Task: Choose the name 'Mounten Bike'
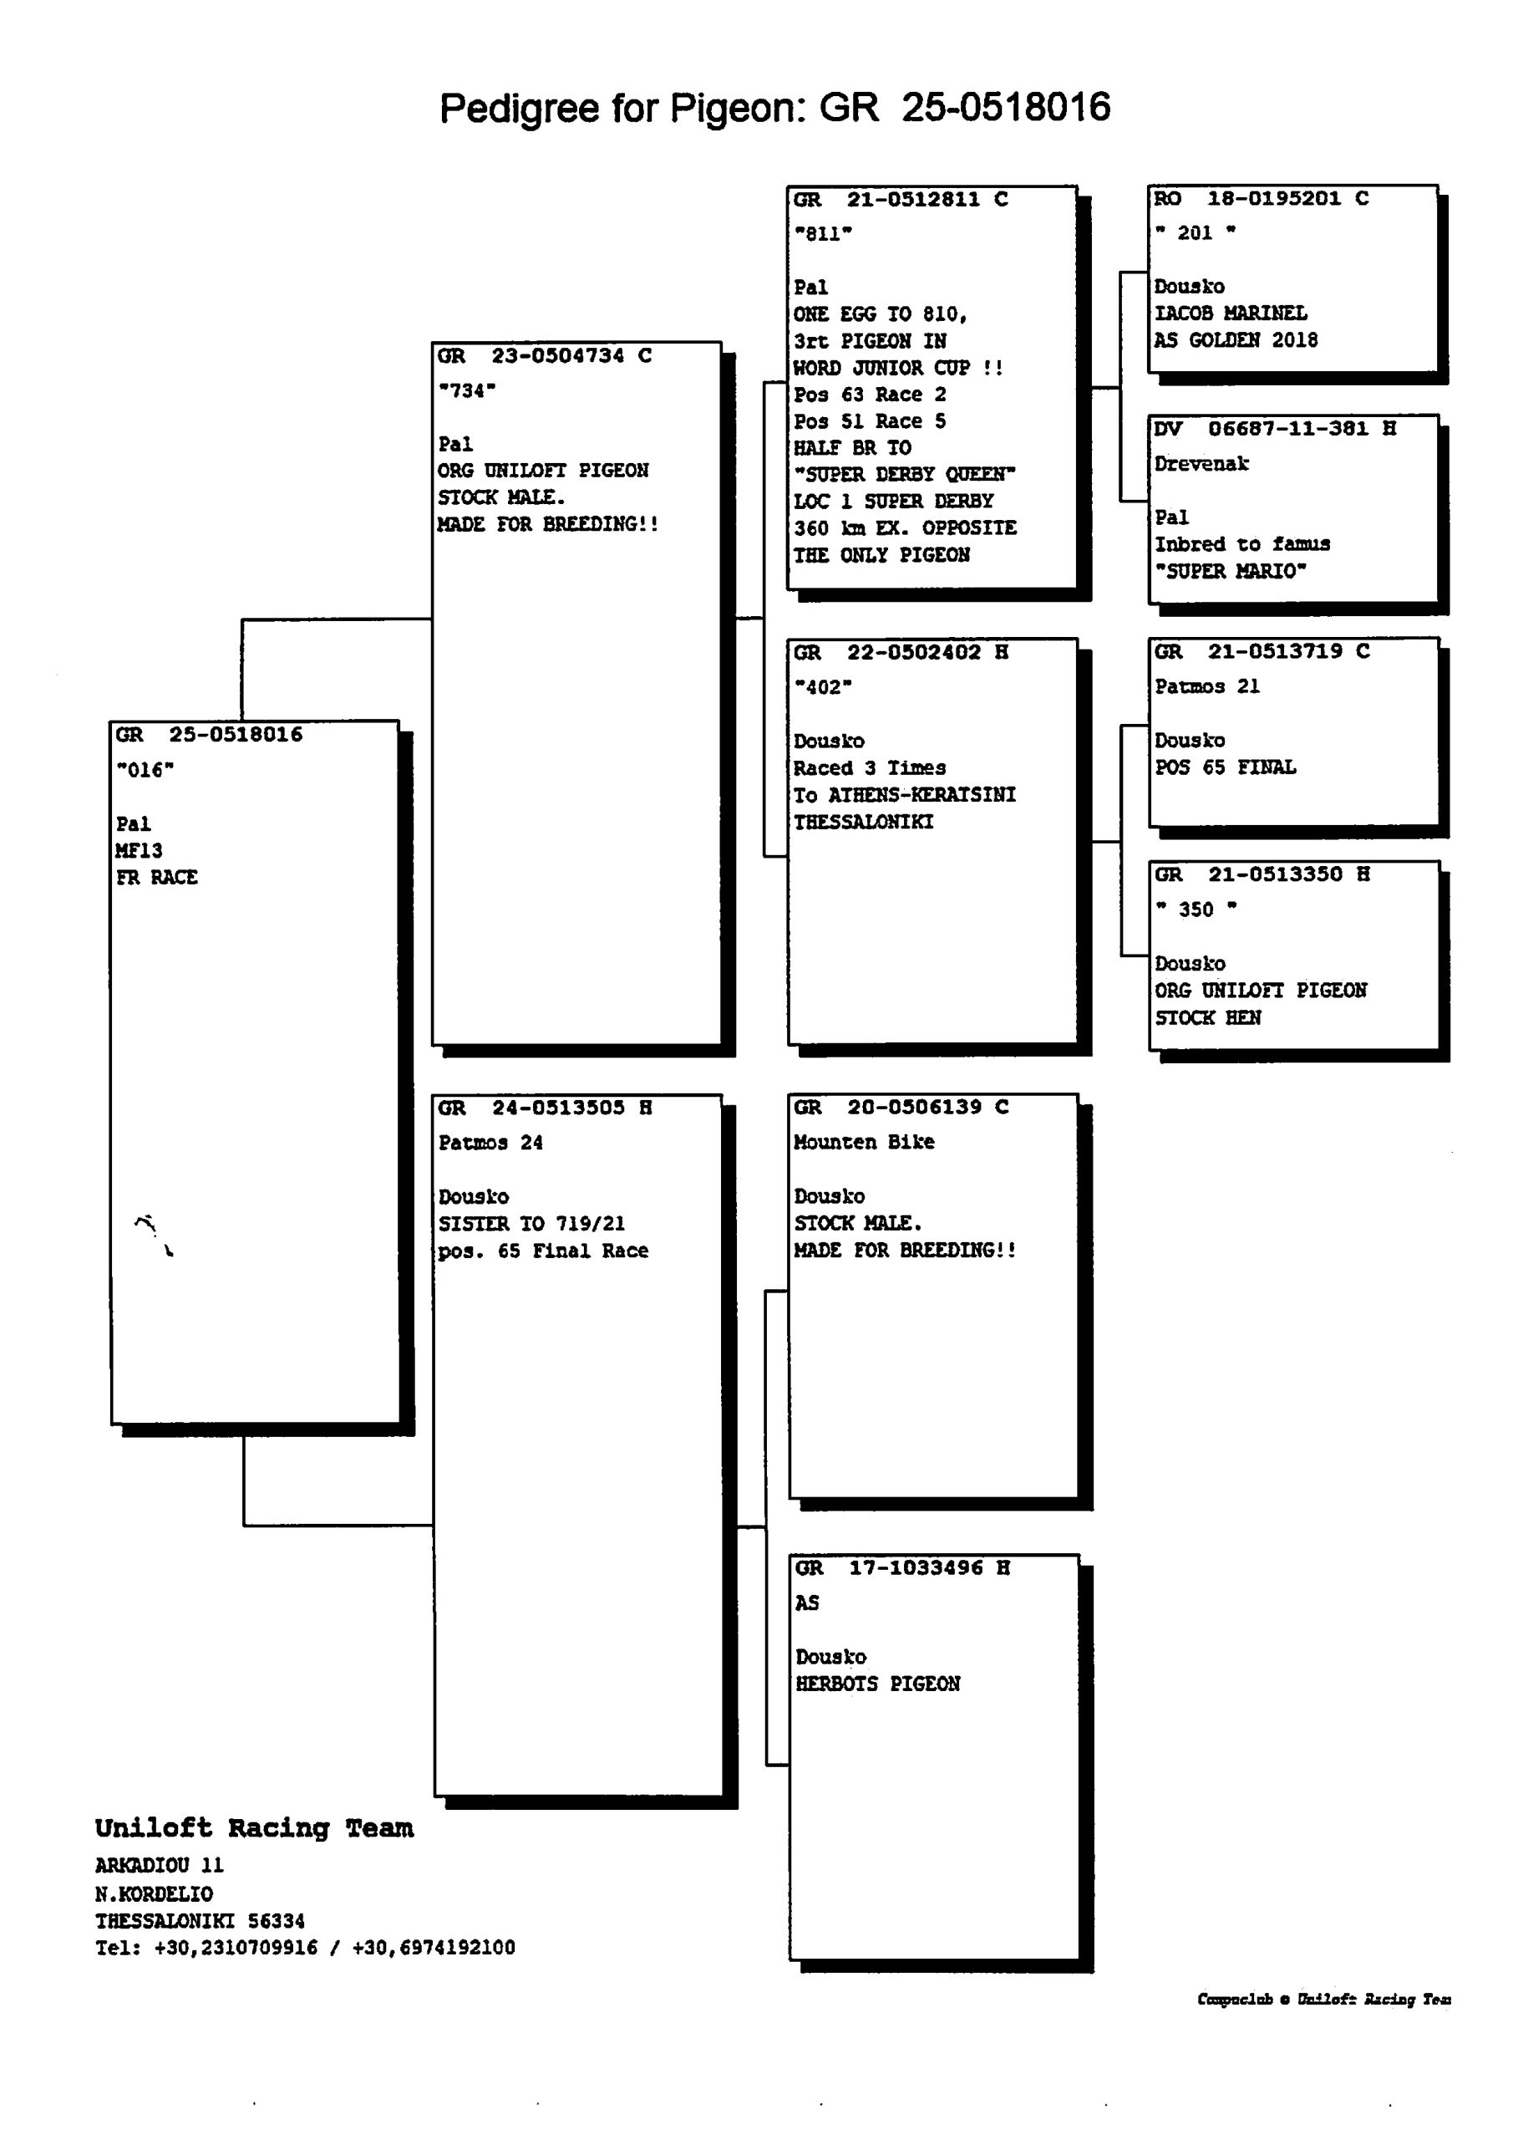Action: [864, 1143]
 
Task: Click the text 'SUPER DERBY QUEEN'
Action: [904, 475]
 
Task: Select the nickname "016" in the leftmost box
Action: [145, 771]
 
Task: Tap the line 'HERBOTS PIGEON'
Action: [877, 1684]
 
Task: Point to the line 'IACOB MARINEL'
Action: [1231, 313]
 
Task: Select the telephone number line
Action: [305, 1948]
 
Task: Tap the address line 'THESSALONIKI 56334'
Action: [200, 1921]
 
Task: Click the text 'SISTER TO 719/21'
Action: [531, 1224]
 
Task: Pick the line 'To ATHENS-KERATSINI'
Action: [904, 795]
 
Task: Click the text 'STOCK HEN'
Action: [1207, 1018]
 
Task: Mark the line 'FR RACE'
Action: [156, 878]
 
